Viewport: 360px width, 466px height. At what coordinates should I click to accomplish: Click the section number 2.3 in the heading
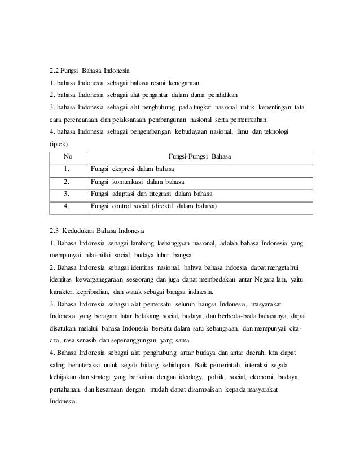coord(55,231)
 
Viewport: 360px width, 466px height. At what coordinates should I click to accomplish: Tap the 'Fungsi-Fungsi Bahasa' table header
coord(200,156)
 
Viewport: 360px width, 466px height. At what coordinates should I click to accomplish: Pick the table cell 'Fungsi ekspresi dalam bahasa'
coord(132,169)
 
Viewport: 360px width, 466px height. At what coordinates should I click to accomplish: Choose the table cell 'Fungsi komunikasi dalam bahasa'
coord(137,182)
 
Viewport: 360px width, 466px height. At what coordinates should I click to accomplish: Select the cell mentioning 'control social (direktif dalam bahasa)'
coord(153,206)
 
